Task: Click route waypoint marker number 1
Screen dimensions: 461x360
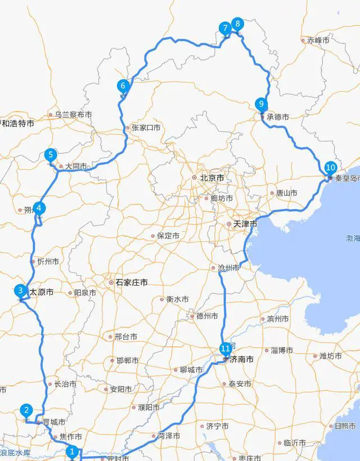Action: [x=71, y=450]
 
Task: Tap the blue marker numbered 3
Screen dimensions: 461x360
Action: [x=20, y=291]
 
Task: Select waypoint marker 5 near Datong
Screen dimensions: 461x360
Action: [x=51, y=155]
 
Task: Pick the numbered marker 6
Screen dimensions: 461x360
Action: [x=123, y=86]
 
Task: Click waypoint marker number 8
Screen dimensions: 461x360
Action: [x=238, y=24]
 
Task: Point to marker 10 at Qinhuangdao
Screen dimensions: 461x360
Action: [x=330, y=168]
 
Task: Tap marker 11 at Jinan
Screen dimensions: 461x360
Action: [x=226, y=348]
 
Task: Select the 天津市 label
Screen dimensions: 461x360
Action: [x=245, y=224]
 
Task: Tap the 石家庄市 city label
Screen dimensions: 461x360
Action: [x=132, y=283]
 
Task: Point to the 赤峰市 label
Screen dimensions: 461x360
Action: [x=318, y=40]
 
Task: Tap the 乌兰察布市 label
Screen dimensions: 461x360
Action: [x=73, y=115]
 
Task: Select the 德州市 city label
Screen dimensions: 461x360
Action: [x=206, y=316]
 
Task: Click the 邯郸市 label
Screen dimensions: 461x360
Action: [x=128, y=360]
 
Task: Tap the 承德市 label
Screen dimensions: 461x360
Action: [x=278, y=117]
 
